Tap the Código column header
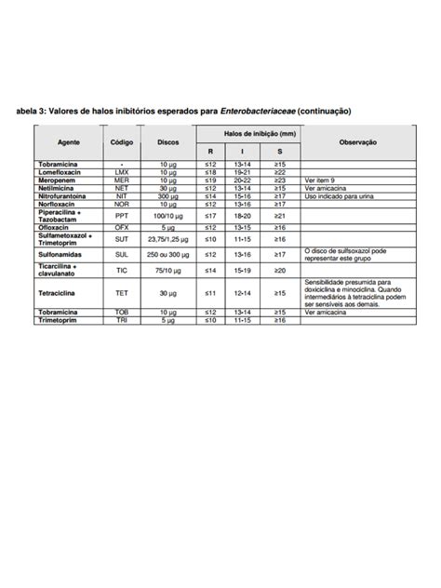[122, 141]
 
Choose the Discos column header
[167, 141]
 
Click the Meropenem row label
[56, 180]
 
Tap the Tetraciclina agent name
[59, 293]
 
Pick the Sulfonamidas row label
[60, 254]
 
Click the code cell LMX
[122, 172]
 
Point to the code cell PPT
[122, 215]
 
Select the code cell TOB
[122, 313]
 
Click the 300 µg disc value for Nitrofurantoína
[167, 196]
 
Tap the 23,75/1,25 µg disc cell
[167, 239]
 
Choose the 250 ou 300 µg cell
[167, 254]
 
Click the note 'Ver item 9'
[321, 180]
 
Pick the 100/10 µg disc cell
[167, 215]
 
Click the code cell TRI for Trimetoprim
[122, 320]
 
